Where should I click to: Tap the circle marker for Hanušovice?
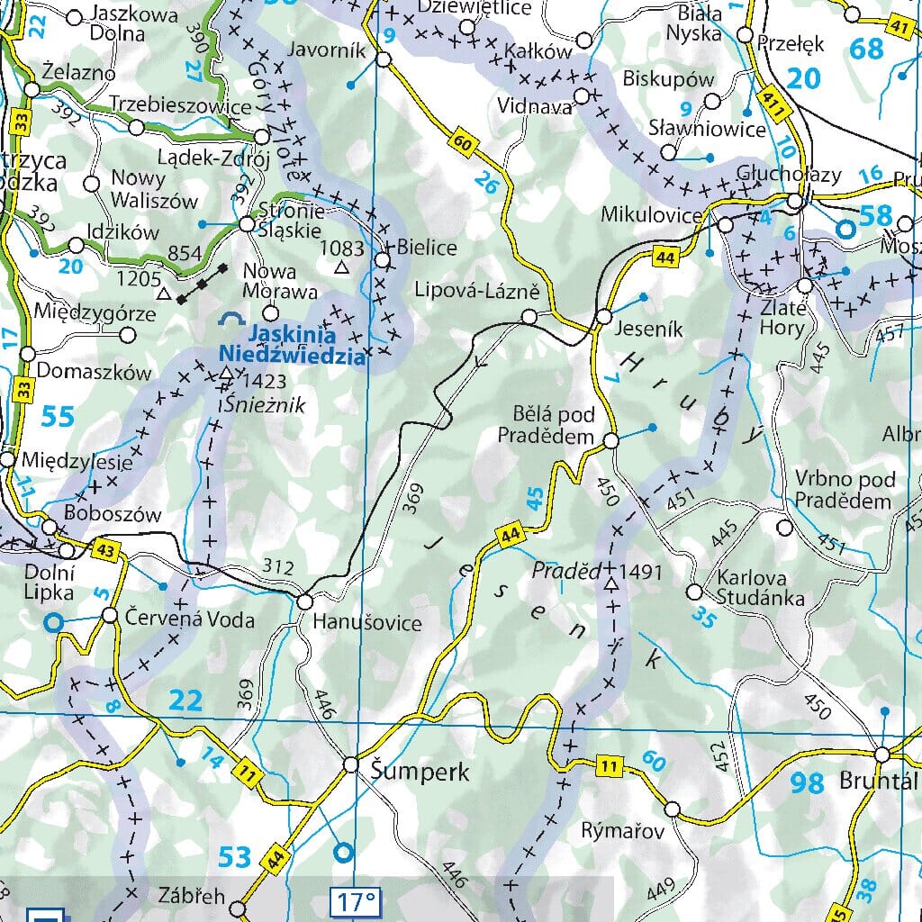tap(304, 601)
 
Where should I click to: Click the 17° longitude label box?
tap(356, 900)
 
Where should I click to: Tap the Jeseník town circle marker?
tap(604, 317)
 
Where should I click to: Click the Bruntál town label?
tap(879, 780)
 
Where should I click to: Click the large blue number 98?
tap(807, 782)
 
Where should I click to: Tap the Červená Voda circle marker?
tap(110, 616)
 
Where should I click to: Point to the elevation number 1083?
tap(340, 248)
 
